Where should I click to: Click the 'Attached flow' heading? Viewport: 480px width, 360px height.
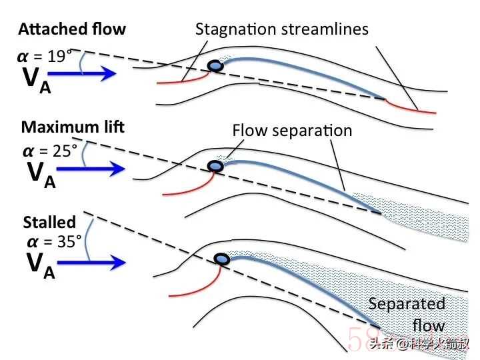(71, 29)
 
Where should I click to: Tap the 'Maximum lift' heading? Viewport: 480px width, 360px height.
(73, 126)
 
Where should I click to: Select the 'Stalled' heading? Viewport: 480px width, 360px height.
(49, 222)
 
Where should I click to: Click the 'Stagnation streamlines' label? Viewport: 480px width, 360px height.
(281, 29)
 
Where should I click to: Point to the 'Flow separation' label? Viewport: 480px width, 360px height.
(291, 131)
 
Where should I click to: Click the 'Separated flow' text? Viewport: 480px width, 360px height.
(407, 315)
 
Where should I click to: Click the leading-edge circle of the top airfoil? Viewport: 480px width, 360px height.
(215, 65)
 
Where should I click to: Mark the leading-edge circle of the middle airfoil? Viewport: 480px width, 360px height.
(215, 166)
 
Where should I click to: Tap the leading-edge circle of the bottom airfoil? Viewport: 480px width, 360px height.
(221, 259)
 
